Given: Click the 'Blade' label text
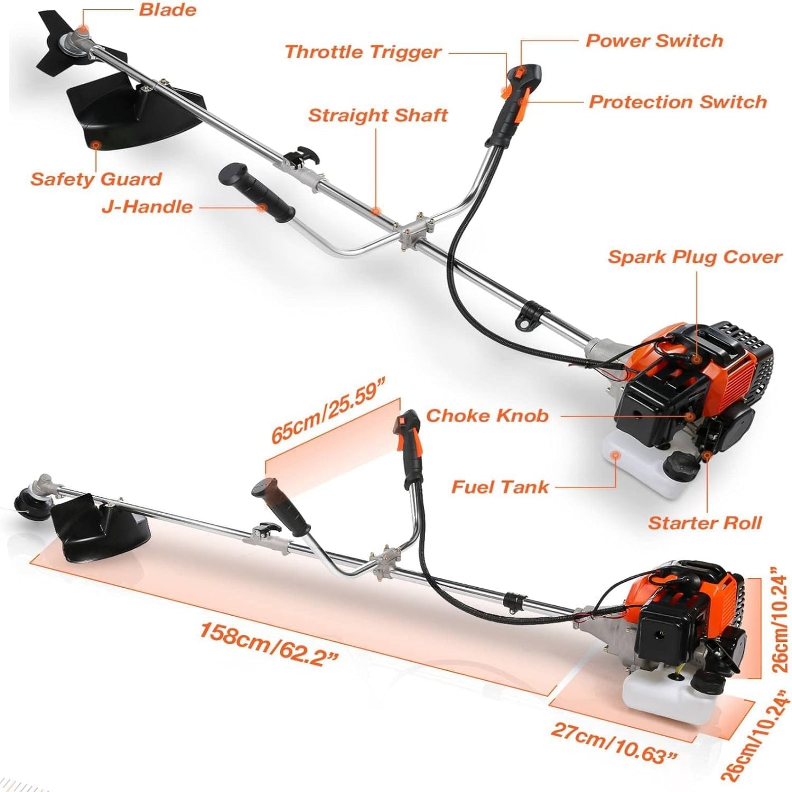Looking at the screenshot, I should [x=167, y=10].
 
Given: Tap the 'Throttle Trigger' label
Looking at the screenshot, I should [x=363, y=52].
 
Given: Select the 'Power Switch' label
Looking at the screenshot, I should [x=654, y=41].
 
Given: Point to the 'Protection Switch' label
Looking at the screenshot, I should [x=677, y=102].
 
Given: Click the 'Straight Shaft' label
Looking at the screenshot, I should [x=378, y=116].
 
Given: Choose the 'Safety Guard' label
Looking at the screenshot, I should [x=96, y=179].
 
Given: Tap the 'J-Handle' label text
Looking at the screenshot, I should [x=147, y=207].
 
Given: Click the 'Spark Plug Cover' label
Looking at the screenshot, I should [x=694, y=257].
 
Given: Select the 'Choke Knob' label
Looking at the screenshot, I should [x=487, y=416].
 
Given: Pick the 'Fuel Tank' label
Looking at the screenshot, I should [x=499, y=487].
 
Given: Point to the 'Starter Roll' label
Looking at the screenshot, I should [x=705, y=523].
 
